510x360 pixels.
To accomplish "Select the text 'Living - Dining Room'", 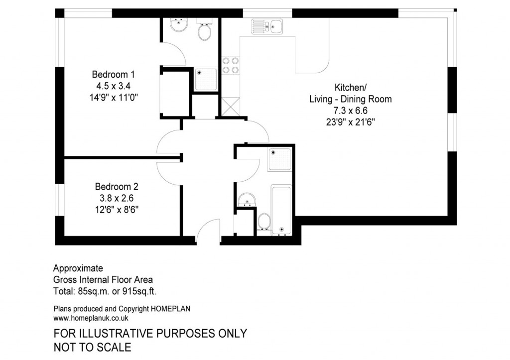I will pyautogui.click(x=351, y=99).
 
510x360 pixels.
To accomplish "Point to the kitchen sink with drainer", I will pyautogui.click(x=267, y=25).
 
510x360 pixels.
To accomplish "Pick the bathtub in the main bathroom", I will pyautogui.click(x=281, y=209).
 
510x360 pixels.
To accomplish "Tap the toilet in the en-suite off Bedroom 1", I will pyautogui.click(x=204, y=31).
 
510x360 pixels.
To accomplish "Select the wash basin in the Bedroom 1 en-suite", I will pyautogui.click(x=176, y=24).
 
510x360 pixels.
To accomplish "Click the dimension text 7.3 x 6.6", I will pyautogui.click(x=351, y=111).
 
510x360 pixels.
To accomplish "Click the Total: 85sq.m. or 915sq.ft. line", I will pyautogui.click(x=108, y=291).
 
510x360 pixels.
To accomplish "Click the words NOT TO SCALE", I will pyautogui.click(x=92, y=347).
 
